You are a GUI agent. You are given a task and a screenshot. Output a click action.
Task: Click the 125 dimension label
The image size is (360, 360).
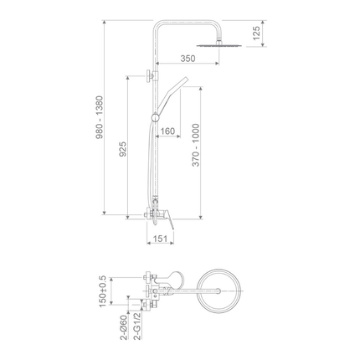[257, 33]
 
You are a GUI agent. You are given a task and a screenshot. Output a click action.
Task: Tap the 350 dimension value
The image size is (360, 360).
[188, 59]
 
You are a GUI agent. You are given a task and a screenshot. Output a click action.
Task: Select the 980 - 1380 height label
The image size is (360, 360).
[100, 117]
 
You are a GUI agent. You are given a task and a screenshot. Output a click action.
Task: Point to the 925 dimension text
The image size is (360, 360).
[123, 149]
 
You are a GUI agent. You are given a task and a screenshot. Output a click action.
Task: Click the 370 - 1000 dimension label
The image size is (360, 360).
[196, 145]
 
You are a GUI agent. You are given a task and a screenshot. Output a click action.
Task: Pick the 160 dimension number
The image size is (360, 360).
[167, 131]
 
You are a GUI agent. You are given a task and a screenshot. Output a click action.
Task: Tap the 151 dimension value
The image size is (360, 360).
[160, 239]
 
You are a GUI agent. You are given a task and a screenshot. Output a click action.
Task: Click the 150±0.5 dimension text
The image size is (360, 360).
[103, 291]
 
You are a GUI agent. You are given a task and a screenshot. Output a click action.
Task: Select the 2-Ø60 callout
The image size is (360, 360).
[124, 327]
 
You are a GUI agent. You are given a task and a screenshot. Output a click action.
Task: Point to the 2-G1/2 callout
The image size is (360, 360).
[137, 327]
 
